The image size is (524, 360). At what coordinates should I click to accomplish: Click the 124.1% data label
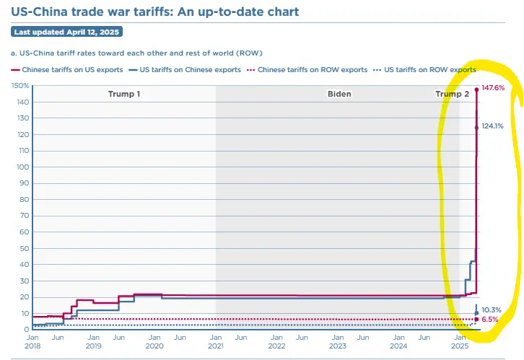click(x=492, y=126)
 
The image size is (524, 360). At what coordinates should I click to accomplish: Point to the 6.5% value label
click(x=490, y=319)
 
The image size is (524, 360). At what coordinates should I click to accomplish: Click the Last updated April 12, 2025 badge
click(x=67, y=32)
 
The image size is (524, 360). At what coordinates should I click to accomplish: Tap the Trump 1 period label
click(x=124, y=95)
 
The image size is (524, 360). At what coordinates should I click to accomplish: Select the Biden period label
click(x=339, y=95)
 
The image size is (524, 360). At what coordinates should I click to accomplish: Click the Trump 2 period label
click(x=452, y=95)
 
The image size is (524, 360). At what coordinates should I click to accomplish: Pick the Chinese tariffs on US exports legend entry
click(x=67, y=70)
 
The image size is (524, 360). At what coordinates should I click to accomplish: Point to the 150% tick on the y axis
click(x=21, y=86)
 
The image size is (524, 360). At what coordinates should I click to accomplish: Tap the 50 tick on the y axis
click(x=25, y=248)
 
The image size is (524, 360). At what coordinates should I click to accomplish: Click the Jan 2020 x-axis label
click(x=154, y=341)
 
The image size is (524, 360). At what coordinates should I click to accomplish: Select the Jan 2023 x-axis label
click(x=338, y=341)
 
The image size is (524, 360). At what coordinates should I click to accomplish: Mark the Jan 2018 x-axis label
click(x=32, y=341)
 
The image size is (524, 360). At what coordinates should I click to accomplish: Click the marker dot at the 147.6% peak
click(x=476, y=89)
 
